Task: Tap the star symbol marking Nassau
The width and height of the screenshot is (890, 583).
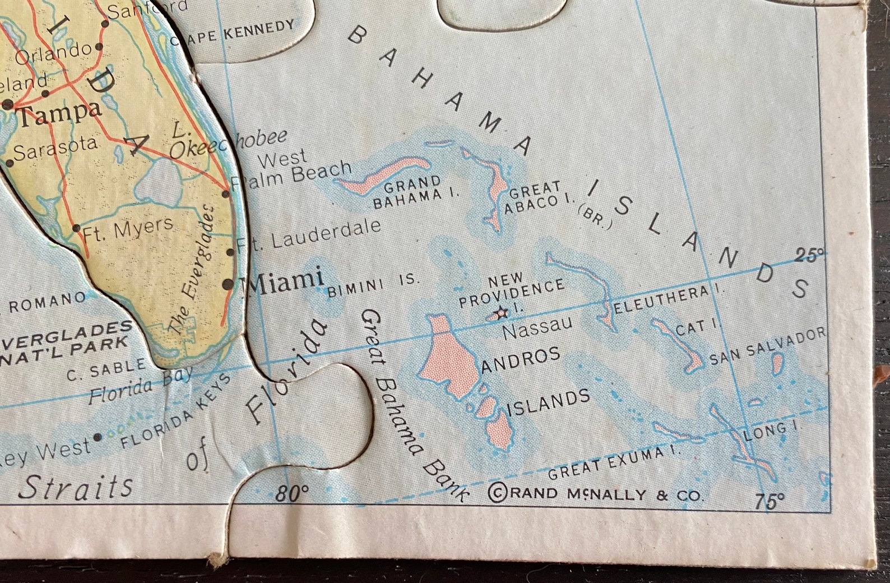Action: [500, 313]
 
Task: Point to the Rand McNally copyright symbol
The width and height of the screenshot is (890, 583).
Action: [496, 493]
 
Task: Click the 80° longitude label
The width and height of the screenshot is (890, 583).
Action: [292, 493]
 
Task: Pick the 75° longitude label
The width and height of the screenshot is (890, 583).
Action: [769, 500]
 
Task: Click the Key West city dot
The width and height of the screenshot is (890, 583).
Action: [98, 437]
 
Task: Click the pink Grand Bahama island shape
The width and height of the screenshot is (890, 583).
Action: [387, 174]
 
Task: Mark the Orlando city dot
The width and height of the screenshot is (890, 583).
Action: [99, 47]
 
